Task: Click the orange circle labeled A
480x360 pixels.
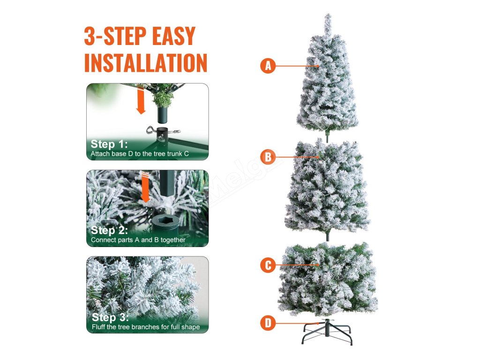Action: coord(268,66)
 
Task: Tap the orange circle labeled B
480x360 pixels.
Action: coord(268,157)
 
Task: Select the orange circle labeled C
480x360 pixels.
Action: coord(268,265)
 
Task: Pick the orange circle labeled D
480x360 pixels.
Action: coord(268,323)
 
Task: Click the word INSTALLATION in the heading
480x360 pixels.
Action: coord(146,63)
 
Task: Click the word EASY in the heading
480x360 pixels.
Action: coord(173,36)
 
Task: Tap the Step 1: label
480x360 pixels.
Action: coord(109,144)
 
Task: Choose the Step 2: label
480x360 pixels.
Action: coord(109,230)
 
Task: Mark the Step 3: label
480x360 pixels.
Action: coord(110,317)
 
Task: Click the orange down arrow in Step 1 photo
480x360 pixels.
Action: coord(141,101)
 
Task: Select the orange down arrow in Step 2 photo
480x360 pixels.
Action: coord(145,187)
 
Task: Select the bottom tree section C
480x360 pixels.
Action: coord(328,278)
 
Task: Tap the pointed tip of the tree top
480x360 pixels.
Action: coord(328,15)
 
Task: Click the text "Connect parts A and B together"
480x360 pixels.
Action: coord(138,240)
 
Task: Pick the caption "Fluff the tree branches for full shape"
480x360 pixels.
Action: coord(146,327)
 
